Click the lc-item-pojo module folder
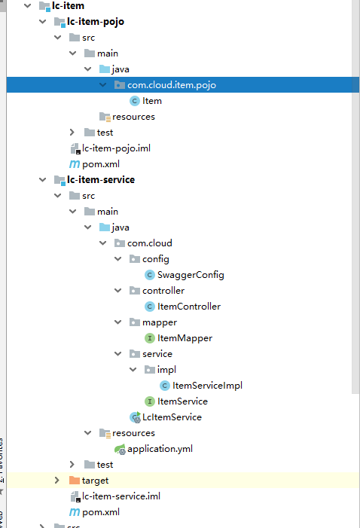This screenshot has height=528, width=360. [x=96, y=22]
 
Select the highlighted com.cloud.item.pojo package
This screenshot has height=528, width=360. [x=171, y=85]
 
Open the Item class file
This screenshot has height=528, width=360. [x=151, y=101]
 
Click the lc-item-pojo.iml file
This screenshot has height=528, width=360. [x=112, y=148]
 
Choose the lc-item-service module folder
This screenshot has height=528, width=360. [x=101, y=180]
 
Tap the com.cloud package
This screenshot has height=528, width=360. [x=149, y=243]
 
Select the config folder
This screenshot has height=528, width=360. [x=155, y=259]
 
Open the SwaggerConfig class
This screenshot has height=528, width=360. [x=191, y=275]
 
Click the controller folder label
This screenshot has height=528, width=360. [x=163, y=291]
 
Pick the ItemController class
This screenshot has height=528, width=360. [x=188, y=307]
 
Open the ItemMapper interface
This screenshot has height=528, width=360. [x=185, y=338]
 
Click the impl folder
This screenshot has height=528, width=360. [x=166, y=370]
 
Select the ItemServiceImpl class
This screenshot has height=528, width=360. [x=206, y=386]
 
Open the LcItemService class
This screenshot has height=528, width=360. [x=172, y=417]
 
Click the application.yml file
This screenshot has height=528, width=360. [x=160, y=449]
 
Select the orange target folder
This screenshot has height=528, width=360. [x=95, y=481]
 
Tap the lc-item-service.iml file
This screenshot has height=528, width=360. [x=121, y=496]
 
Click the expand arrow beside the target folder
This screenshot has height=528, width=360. [x=57, y=481]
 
